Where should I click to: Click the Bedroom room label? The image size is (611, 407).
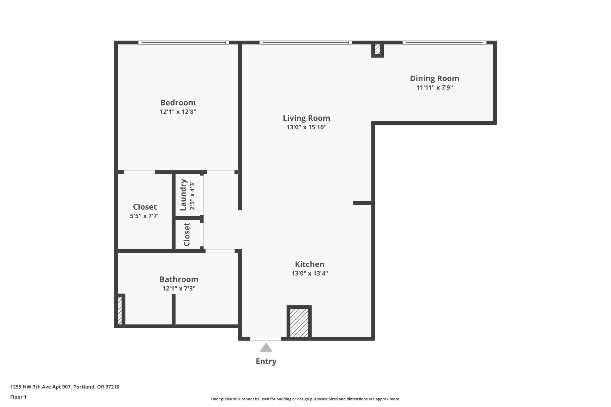pyautogui.click(x=178, y=103)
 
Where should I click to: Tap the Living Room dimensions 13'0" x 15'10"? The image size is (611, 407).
pyautogui.click(x=306, y=127)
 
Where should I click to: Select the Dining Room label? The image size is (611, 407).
pyautogui.click(x=434, y=78)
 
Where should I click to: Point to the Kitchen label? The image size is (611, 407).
pyautogui.click(x=309, y=264)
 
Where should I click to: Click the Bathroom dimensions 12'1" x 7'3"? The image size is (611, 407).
pyautogui.click(x=179, y=288)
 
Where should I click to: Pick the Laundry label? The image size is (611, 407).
pyautogui.click(x=183, y=195)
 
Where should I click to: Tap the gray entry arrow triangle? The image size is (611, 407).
pyautogui.click(x=266, y=347)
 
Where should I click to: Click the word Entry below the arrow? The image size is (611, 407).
pyautogui.click(x=266, y=361)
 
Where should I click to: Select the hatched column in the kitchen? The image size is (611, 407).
pyautogui.click(x=299, y=322)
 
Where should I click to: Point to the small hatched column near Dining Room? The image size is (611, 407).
pyautogui.click(x=377, y=49)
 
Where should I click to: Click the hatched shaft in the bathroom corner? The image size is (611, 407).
pyautogui.click(x=120, y=310)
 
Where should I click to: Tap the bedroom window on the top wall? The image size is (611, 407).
pyautogui.click(x=183, y=43)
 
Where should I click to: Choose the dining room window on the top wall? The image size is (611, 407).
pyautogui.click(x=445, y=43)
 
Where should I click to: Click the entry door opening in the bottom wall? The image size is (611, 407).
pyautogui.click(x=265, y=339)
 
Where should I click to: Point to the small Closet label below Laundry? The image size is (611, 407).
pyautogui.click(x=187, y=234)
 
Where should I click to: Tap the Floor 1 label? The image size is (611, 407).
pyautogui.click(x=18, y=397)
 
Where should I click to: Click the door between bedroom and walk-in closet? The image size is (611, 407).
pyautogui.click(x=139, y=172)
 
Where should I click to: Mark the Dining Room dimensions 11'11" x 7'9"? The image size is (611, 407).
pyautogui.click(x=435, y=88)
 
